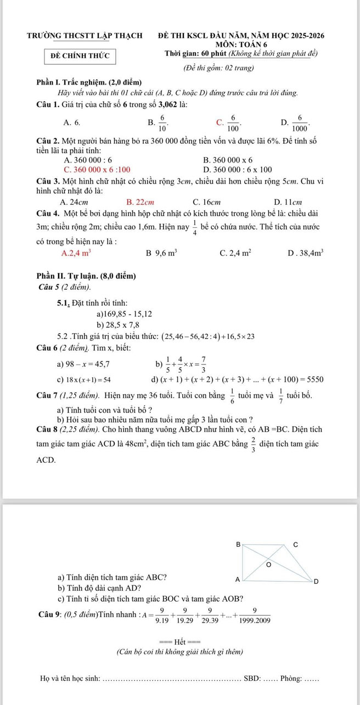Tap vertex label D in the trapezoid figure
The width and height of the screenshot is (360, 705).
pos(316,582)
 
